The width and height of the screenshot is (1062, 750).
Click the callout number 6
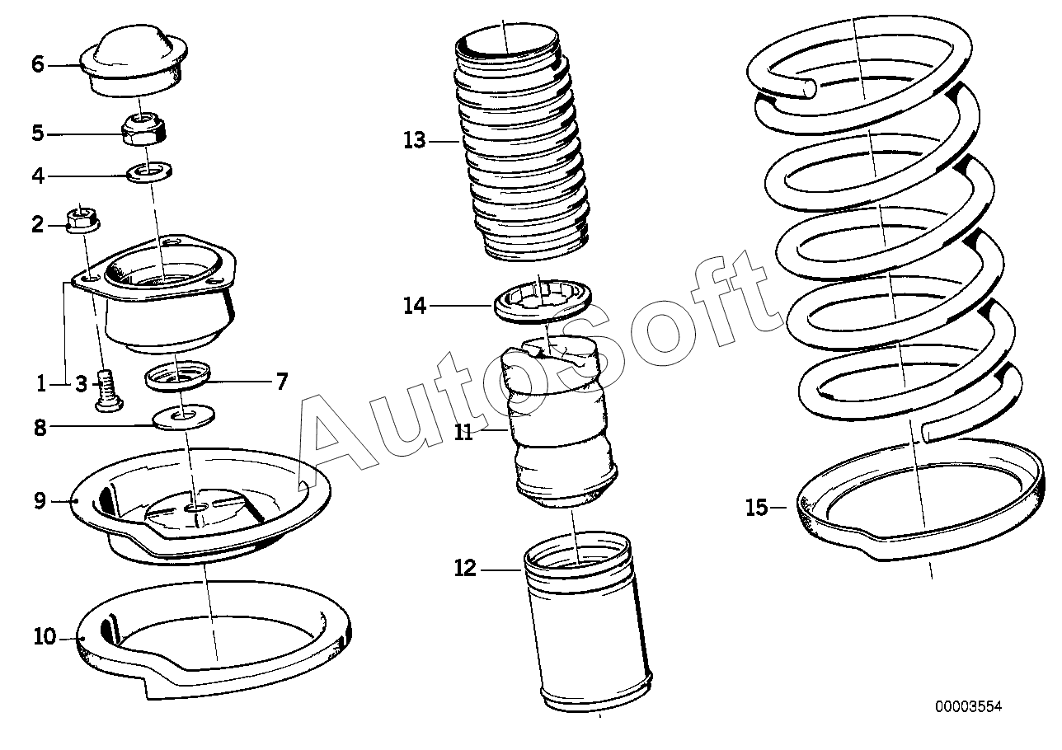click(x=37, y=63)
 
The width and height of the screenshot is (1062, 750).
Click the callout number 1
click(x=42, y=383)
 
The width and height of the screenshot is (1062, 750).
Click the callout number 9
click(x=40, y=500)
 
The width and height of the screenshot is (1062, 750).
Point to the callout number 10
click(x=44, y=636)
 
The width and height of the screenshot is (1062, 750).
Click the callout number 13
click(x=415, y=140)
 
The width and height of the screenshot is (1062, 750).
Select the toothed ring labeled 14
click(x=543, y=302)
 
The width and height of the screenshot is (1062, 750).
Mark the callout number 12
click(x=465, y=569)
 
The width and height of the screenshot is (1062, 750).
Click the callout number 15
click(x=756, y=508)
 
